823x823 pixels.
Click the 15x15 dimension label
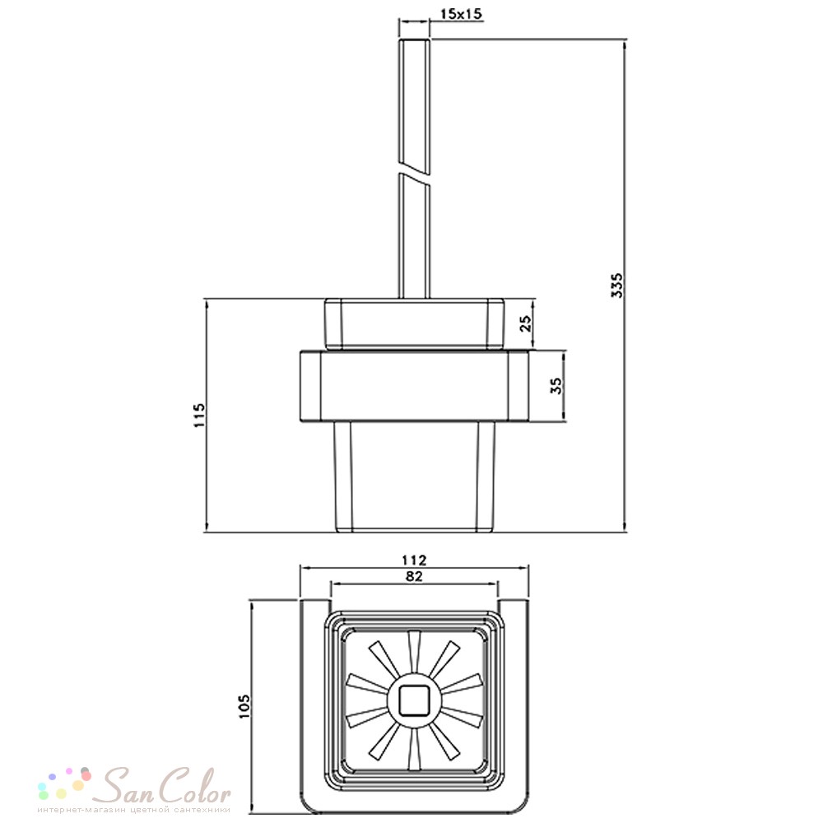click(460, 14)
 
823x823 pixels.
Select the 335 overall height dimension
click(617, 285)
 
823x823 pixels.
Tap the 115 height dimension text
click(199, 415)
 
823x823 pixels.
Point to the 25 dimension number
click(525, 323)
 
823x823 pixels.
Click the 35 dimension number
click(556, 386)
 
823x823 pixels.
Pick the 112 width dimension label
click(414, 560)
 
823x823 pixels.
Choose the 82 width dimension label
click(414, 576)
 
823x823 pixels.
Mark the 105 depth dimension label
click(244, 706)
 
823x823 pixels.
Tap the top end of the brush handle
click(415, 40)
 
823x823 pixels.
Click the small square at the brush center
click(414, 700)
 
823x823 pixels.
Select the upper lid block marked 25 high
click(414, 323)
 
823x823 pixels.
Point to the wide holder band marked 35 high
click(414, 386)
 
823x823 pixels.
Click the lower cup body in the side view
click(414, 477)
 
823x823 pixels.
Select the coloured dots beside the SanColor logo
click(65, 784)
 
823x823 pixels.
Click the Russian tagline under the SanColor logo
click(134, 810)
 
